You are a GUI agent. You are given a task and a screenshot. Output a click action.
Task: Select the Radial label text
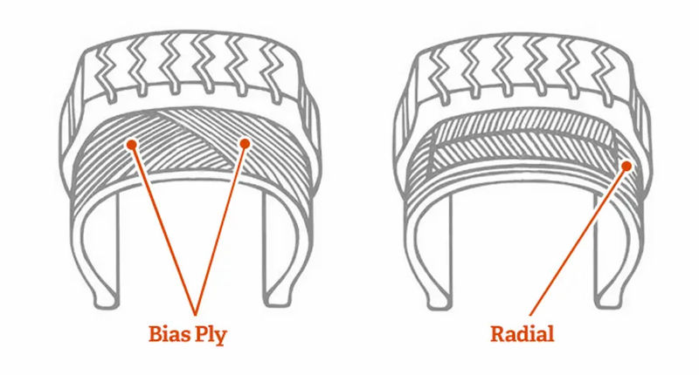point(522,333)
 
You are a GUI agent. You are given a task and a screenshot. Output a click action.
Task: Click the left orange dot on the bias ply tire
point(132,144)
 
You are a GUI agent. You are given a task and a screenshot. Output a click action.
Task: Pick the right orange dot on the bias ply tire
point(245,143)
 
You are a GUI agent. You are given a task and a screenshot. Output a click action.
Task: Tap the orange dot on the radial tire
point(626,166)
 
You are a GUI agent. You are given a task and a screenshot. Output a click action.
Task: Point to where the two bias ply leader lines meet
point(195,315)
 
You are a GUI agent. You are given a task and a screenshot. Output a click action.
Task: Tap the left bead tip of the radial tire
point(439,303)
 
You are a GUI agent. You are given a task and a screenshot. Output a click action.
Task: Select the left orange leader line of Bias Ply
point(163,229)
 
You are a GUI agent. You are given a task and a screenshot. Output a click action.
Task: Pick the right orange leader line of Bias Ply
point(219,229)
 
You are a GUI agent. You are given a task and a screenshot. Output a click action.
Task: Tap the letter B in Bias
point(156,334)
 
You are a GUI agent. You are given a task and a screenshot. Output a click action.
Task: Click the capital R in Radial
point(497,334)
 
